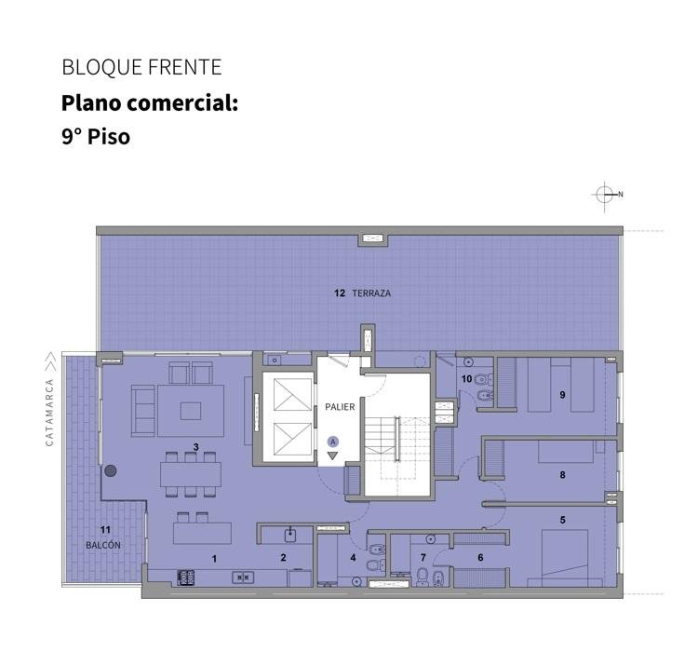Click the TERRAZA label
point(371,293)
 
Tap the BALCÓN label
point(103,545)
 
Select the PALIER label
point(340,407)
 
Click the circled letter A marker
point(333,442)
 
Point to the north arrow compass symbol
point(605,195)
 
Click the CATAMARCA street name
point(49,413)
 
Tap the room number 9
point(562,395)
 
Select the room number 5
point(562,520)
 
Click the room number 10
point(467,378)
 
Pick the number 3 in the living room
point(195,447)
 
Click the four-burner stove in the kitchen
point(186,578)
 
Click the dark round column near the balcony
point(111,470)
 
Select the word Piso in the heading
point(109,137)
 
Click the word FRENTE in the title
point(184,67)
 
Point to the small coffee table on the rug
point(191,411)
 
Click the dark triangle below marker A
point(333,455)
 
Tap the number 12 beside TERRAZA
point(340,293)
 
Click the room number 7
point(422,557)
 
